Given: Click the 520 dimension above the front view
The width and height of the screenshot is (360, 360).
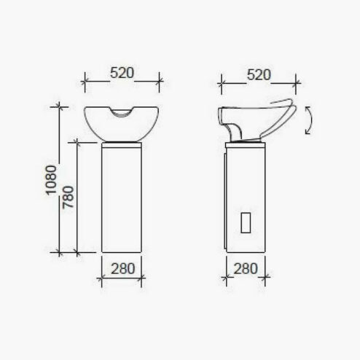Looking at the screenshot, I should [122, 73].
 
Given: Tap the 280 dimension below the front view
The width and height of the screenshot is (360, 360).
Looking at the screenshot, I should [122, 267].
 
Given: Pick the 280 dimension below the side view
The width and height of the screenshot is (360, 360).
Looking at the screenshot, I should [246, 267].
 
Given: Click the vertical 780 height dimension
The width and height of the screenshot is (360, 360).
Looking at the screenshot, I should [67, 197].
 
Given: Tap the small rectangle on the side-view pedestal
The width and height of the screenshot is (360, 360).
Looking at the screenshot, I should [246, 221].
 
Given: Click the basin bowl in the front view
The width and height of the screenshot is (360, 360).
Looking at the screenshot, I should [122, 125].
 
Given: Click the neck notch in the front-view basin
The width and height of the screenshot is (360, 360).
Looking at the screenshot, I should [122, 111].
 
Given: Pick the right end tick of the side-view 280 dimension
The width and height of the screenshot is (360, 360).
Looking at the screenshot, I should [268, 277].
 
